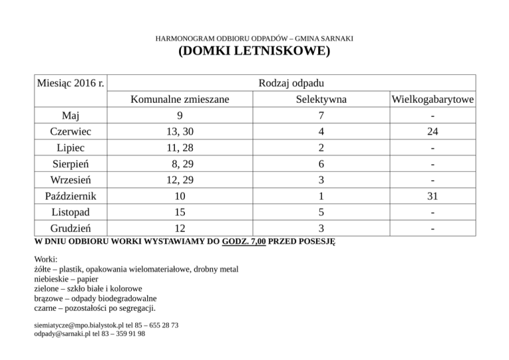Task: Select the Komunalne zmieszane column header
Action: pos(180,100)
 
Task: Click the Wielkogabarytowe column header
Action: pos(432,100)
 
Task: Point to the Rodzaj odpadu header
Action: pos(292,84)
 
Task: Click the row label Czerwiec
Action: pos(71,132)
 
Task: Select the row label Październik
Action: pos(71,197)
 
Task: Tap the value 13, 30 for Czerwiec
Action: pos(180,132)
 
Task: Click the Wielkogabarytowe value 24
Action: pos(432,132)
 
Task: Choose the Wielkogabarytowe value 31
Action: pos(432,197)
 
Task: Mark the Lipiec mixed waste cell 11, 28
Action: pos(180,148)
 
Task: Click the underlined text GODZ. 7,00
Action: pos(245,243)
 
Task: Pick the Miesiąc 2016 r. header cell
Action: pos(71,84)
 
